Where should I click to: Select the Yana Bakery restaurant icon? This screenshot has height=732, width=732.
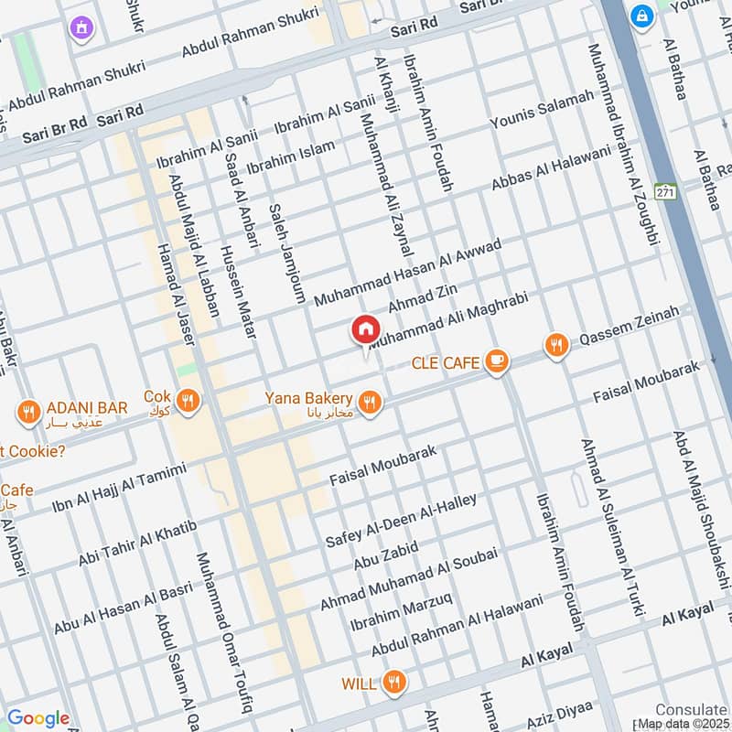(370, 403)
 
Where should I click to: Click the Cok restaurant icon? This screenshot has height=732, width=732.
(188, 401)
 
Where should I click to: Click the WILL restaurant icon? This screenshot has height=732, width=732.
(394, 681)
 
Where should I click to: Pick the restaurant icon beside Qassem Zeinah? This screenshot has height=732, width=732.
(555, 346)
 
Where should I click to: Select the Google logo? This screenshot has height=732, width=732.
(38, 718)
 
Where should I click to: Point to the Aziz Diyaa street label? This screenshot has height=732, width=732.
(560, 714)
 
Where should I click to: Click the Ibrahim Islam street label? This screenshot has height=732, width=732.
(291, 156)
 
